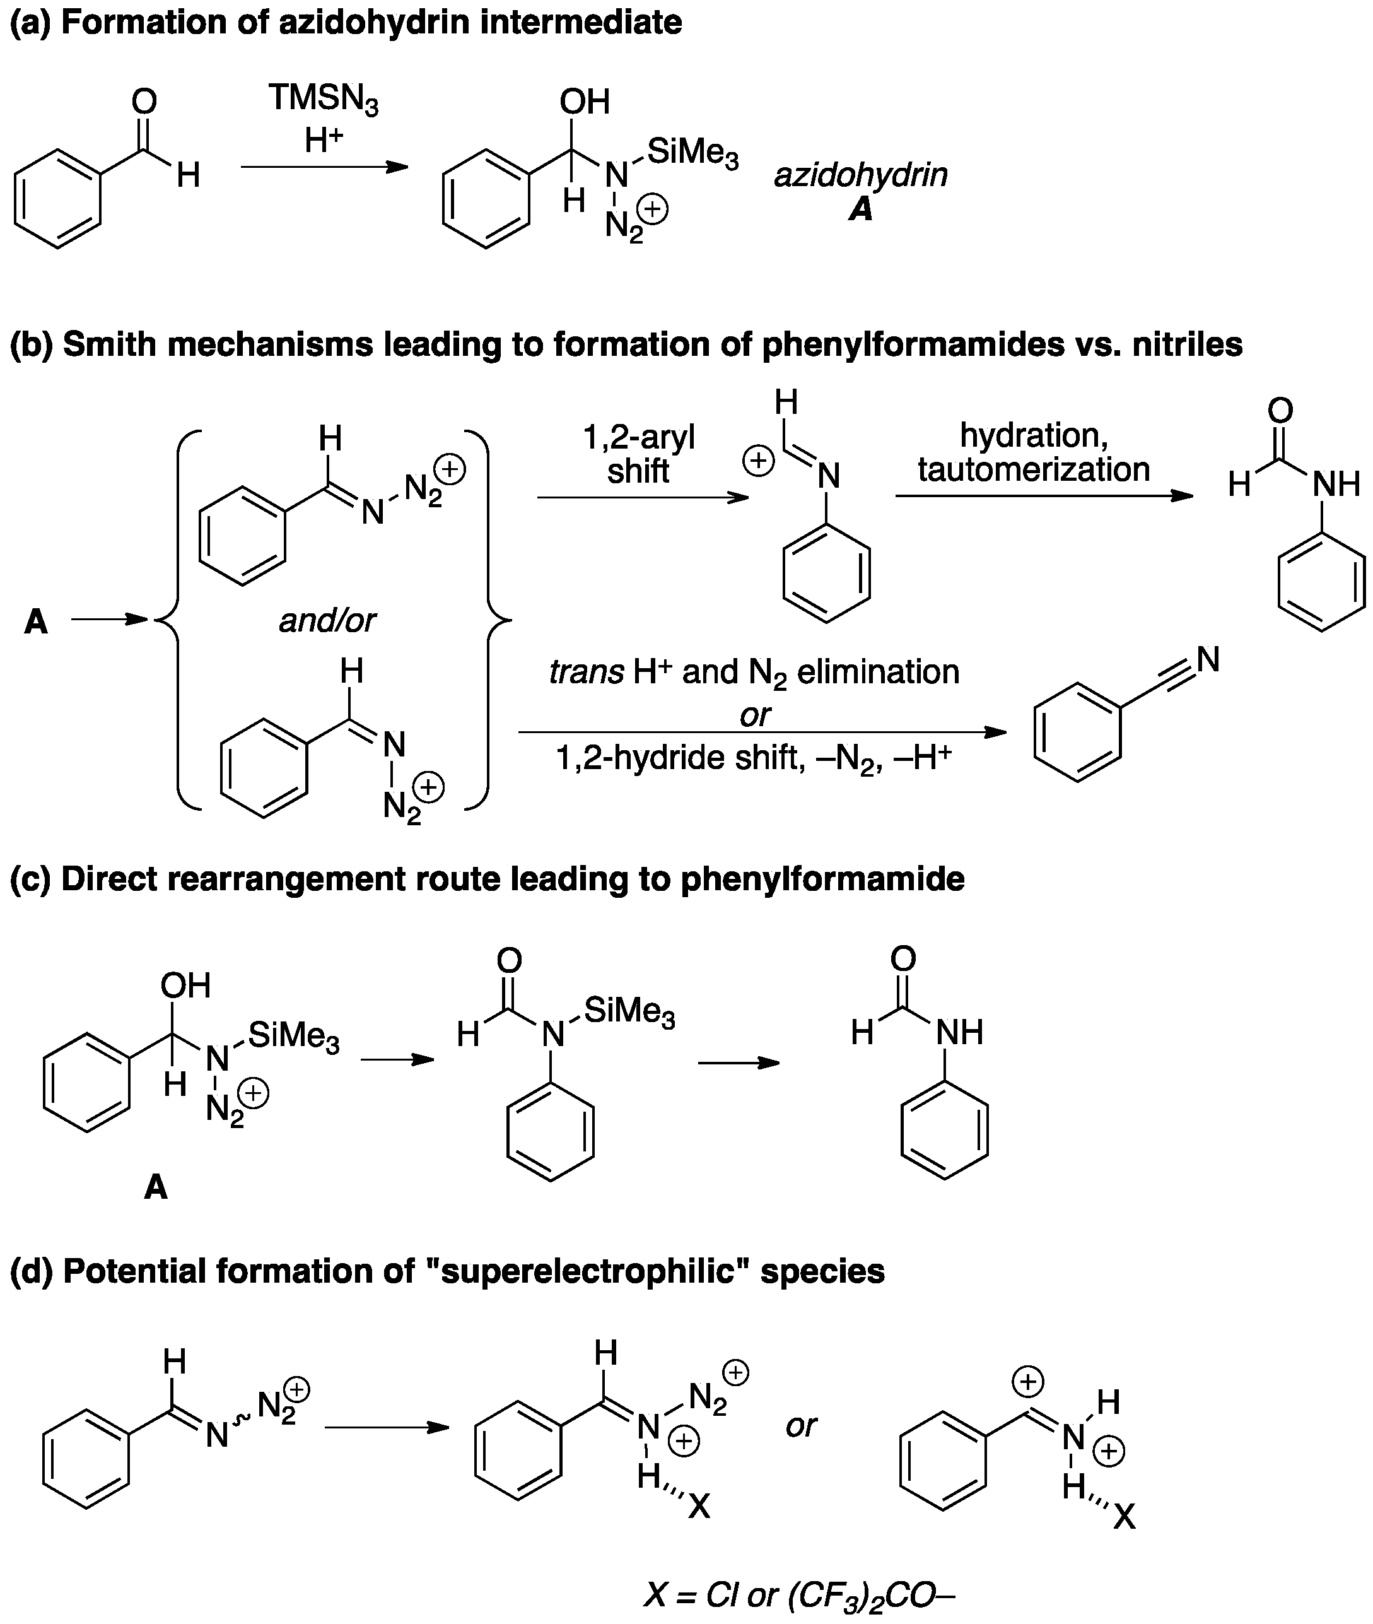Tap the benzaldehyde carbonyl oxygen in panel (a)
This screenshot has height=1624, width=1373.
coord(144,101)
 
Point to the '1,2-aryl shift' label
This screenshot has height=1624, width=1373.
coord(638,454)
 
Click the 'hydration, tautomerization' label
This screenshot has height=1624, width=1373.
coord(1033,452)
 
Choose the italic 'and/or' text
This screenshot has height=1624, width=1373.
coord(327,620)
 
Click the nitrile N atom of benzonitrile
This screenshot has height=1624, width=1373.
coord(1207,659)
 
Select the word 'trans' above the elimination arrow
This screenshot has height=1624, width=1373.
coord(585,672)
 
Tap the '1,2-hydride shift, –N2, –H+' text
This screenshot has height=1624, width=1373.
coord(754,758)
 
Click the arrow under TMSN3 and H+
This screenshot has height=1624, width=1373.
coord(324,167)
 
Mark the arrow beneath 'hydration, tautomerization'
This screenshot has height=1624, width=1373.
coord(1043,496)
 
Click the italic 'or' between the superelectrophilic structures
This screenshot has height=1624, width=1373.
coord(801,1425)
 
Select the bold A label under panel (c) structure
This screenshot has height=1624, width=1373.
coord(156,1187)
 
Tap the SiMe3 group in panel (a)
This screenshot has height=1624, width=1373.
coord(692,153)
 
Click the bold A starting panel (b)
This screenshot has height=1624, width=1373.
coord(36,622)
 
